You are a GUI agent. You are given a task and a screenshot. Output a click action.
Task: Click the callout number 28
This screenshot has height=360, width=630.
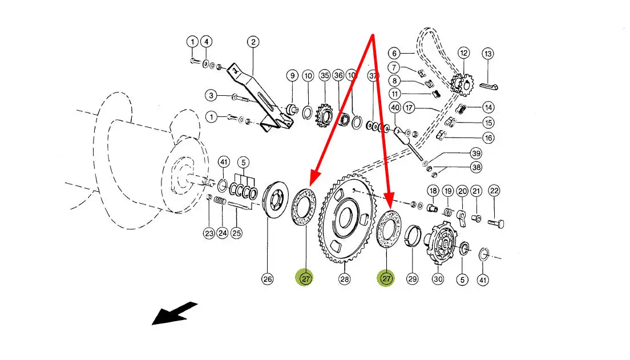(x=344, y=279)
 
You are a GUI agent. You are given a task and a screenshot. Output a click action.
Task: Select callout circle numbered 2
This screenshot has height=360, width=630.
(x=253, y=42)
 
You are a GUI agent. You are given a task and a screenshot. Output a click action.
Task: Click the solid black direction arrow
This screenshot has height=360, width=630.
(x=175, y=313)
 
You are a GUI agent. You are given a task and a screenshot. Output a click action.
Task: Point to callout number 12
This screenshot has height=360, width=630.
(x=464, y=53)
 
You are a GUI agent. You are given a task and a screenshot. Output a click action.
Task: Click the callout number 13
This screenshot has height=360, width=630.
(x=488, y=54)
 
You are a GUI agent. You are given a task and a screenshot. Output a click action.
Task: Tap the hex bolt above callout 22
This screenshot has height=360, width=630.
(x=496, y=223)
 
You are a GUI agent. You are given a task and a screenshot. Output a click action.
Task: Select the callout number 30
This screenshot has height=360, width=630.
(x=438, y=279)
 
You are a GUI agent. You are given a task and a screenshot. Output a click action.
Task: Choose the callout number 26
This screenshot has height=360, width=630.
(x=267, y=279)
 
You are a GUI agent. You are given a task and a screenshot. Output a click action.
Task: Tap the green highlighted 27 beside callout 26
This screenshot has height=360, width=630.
(x=305, y=278)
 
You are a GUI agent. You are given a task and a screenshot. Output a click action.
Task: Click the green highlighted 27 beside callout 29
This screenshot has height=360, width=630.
(x=386, y=278)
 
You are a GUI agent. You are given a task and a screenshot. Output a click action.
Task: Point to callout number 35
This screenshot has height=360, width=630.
(x=325, y=75)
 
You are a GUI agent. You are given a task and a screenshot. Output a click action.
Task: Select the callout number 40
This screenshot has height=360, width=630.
(x=395, y=107)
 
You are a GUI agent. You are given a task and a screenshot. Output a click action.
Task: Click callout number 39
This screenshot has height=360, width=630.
(x=476, y=153)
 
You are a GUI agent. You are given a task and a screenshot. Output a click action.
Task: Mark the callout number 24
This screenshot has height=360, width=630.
(x=222, y=233)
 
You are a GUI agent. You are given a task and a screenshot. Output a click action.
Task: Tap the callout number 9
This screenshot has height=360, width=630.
(x=293, y=75)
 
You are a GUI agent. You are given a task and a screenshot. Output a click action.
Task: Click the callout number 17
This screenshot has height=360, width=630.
(x=409, y=108)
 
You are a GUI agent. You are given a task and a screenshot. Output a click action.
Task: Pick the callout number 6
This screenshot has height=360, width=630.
(x=394, y=53)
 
